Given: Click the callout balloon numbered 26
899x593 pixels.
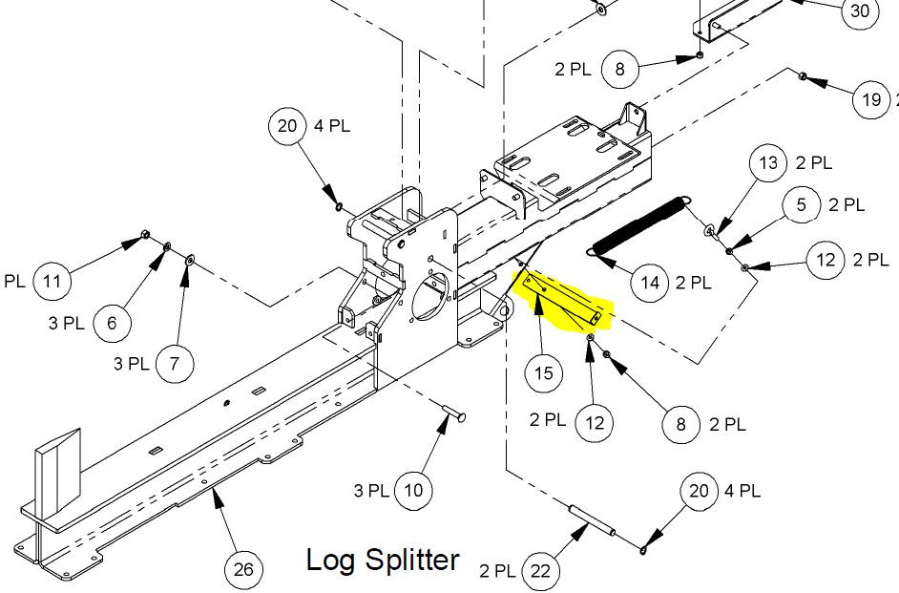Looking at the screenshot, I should (243, 569).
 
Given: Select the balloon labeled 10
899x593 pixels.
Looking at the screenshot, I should (413, 491).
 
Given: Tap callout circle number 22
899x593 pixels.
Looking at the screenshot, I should (541, 571).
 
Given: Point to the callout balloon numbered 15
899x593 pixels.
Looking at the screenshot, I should (543, 373).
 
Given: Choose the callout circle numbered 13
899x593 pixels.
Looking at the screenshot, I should (768, 163).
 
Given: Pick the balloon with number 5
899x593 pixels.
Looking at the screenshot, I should (802, 204).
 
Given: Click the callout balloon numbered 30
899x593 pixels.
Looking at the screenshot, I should (859, 11).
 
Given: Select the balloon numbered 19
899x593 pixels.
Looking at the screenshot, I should (870, 99).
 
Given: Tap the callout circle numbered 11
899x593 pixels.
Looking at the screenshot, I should (52, 282).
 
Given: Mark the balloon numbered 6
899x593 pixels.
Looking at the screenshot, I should (112, 323).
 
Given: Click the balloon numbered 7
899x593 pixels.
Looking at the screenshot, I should (174, 364).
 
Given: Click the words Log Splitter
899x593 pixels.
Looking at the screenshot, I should (383, 560).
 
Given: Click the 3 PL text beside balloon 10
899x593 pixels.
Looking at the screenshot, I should (371, 491).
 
